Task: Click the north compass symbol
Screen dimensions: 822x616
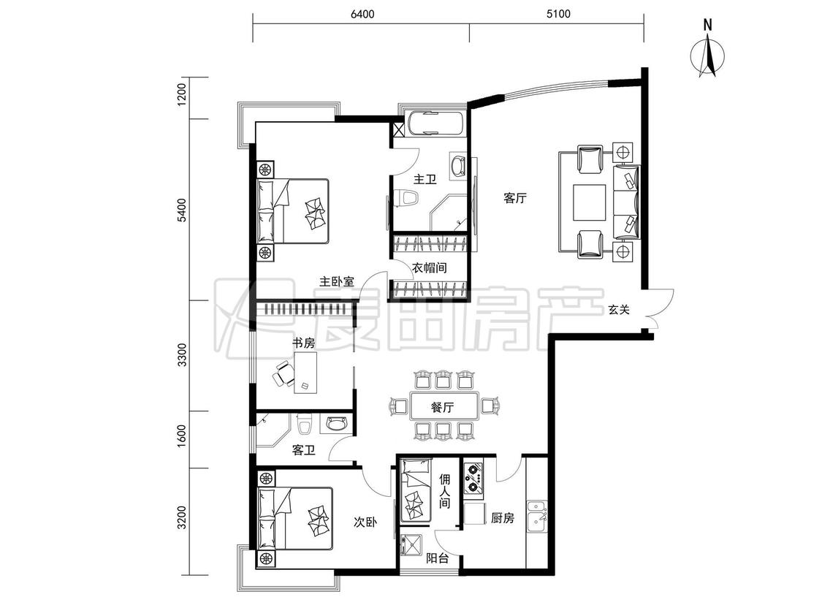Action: coord(708,50)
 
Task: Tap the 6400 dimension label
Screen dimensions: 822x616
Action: coord(362,14)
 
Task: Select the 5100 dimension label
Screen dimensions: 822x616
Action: coord(558,14)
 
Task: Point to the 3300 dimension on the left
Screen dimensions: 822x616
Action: coord(182,355)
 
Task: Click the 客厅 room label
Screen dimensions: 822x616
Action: coord(515,197)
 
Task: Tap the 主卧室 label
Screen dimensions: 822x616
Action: coord(337,281)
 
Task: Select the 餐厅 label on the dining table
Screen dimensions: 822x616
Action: coord(443,407)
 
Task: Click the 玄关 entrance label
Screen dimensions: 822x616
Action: coord(619,309)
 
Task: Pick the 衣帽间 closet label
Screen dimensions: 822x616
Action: coord(430,268)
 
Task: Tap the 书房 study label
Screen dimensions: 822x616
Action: coord(303,343)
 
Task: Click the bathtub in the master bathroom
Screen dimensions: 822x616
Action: coord(435,124)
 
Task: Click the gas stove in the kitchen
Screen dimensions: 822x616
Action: coord(473,479)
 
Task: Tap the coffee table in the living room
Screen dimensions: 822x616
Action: coord(590,202)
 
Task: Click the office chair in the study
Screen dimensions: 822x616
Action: coord(283,374)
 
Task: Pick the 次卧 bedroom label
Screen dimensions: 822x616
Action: coord(365,522)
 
